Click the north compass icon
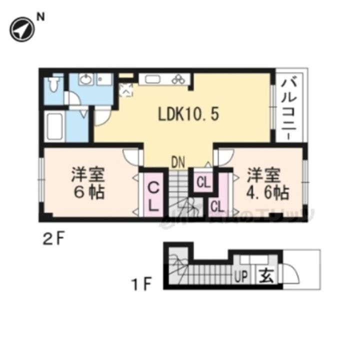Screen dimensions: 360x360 coord(21,30)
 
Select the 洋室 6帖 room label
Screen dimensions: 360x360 coord(87,184)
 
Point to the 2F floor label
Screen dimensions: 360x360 coord(53,239)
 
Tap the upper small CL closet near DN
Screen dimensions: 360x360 coord(203,183)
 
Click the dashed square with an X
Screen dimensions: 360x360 coord(126,90)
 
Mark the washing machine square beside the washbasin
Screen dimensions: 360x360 coord(105,79)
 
